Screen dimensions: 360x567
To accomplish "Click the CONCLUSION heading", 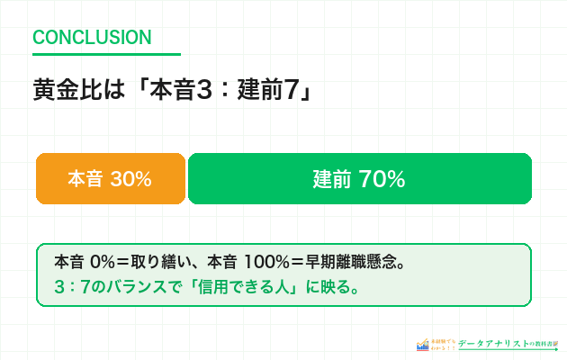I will [92, 38].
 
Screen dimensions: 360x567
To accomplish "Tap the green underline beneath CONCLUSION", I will [106, 55].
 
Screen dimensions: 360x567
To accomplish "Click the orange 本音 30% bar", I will [110, 179].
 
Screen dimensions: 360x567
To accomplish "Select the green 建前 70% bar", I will [359, 179].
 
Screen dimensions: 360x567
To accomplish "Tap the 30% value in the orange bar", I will [130, 179].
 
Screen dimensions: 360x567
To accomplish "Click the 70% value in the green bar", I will [382, 179].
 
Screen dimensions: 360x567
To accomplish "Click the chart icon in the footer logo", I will [423, 344].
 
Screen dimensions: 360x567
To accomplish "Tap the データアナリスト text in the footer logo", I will [492, 344].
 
